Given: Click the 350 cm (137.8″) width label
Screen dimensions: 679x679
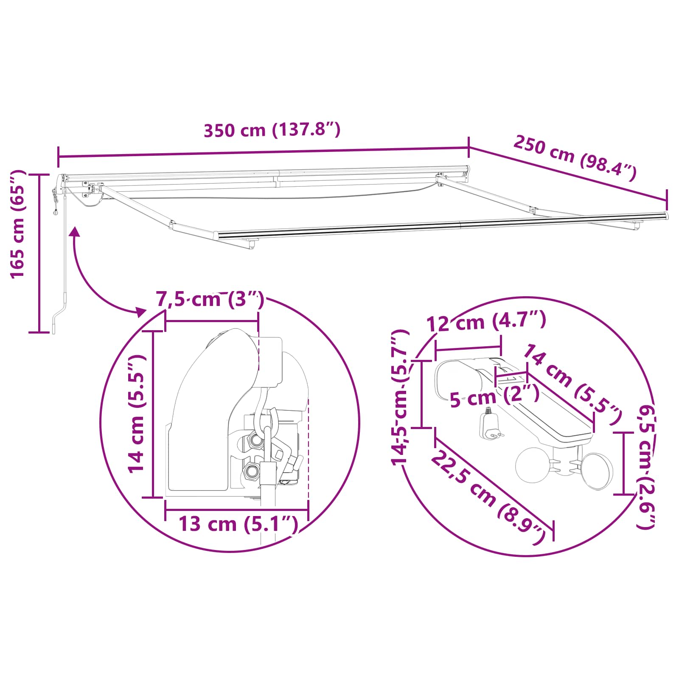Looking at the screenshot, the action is click(272, 130).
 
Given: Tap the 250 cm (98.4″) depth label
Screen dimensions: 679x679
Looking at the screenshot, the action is click(575, 157).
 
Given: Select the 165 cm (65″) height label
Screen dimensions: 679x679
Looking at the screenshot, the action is click(18, 224).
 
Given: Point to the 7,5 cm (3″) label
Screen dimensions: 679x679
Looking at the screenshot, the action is click(210, 299).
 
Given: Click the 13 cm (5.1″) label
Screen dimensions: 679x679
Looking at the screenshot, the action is click(238, 524).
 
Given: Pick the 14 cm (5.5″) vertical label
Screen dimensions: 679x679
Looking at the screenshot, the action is click(137, 414).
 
